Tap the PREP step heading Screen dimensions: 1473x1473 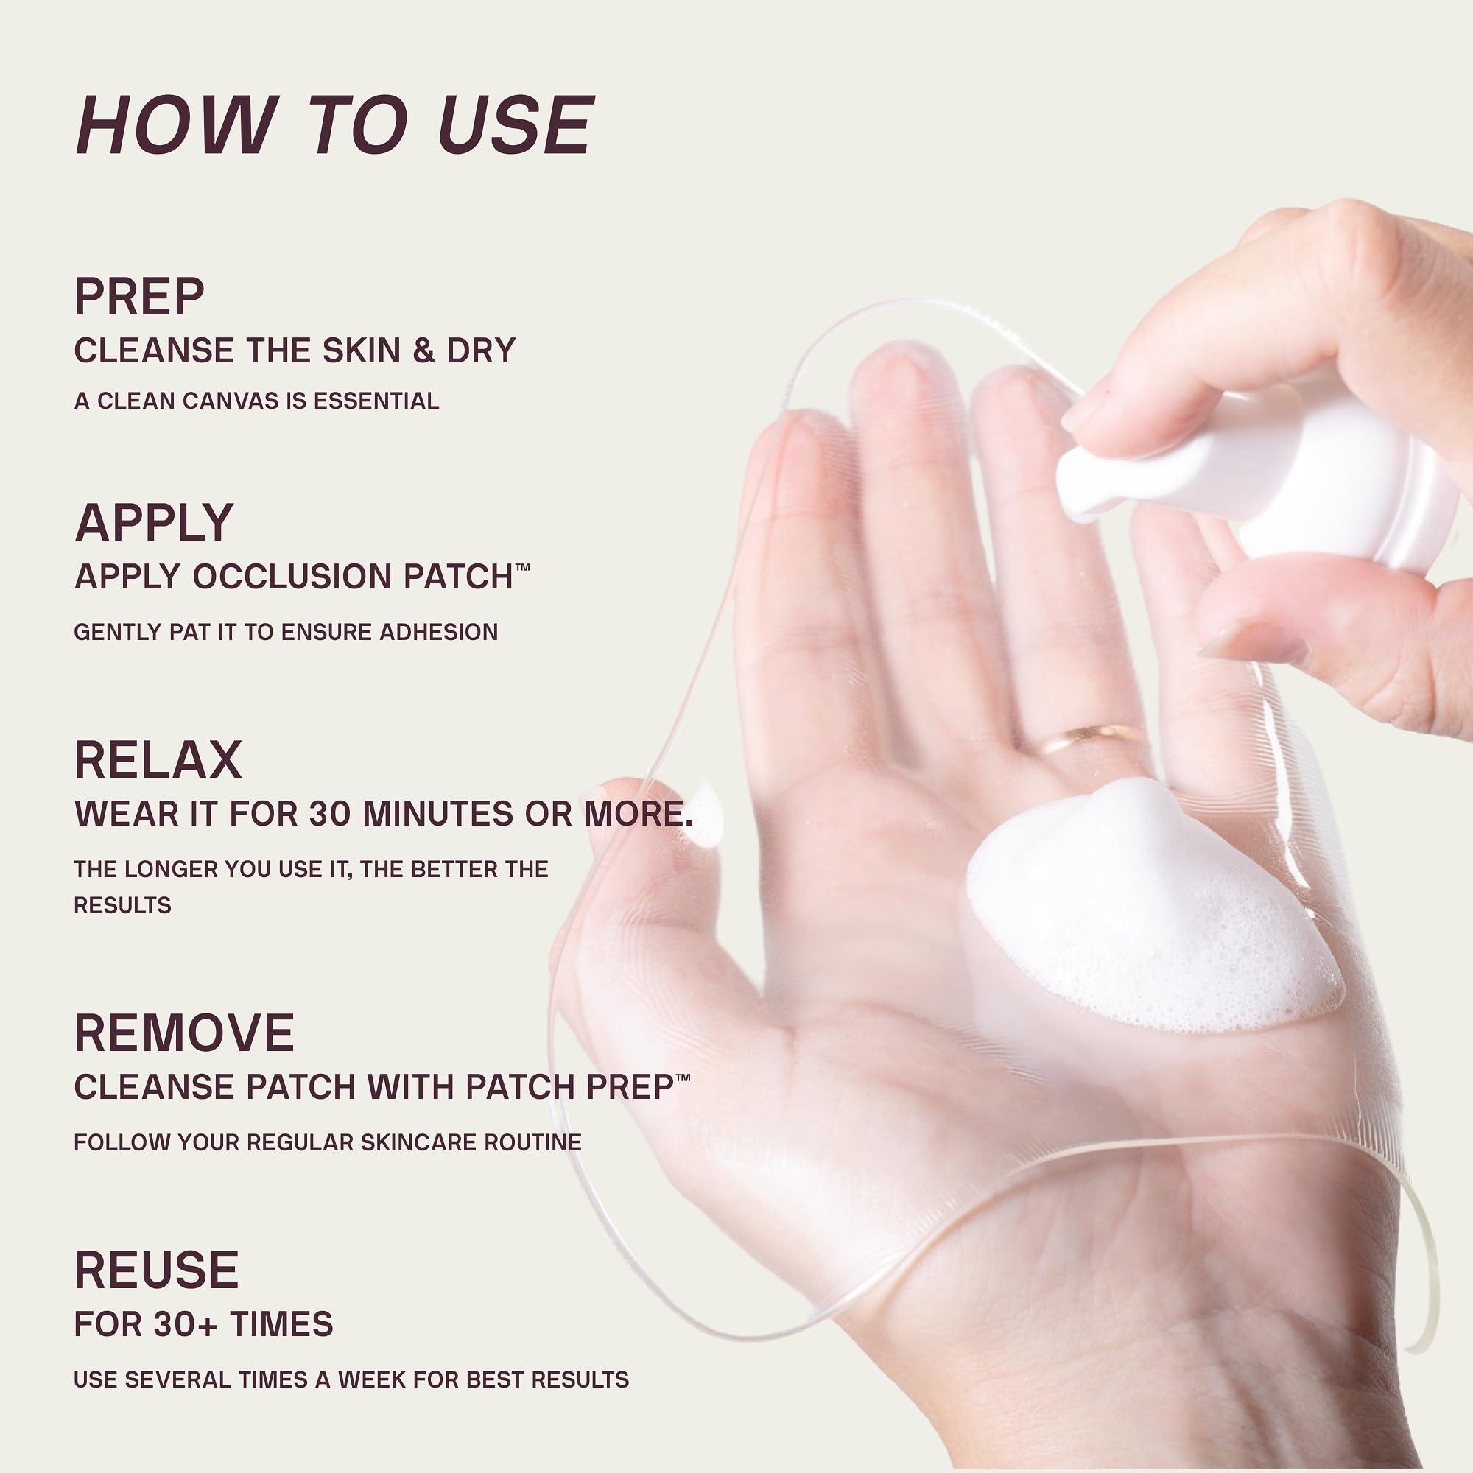tap(139, 297)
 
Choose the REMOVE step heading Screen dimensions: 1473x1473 tap(183, 1033)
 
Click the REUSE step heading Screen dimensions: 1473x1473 tap(156, 1270)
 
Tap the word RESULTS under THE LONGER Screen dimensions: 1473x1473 tap(122, 905)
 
